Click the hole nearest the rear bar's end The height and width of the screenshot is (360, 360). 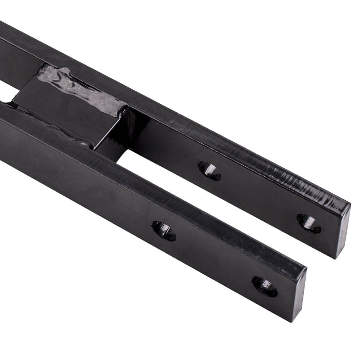[309, 223]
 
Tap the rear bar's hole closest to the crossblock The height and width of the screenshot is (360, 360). [210, 170]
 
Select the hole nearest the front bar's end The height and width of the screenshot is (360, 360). [264, 286]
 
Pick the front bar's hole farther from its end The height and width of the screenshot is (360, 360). [163, 230]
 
